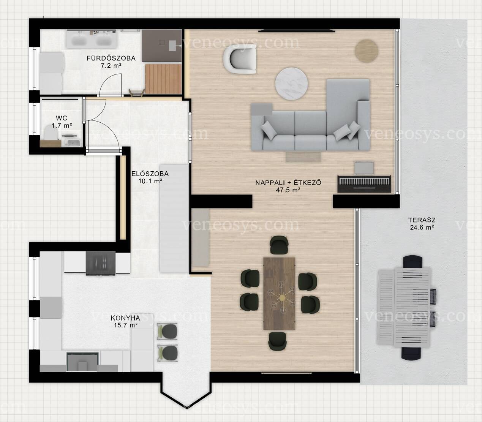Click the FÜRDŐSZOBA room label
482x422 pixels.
click(111, 58)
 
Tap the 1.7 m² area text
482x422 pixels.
click(62, 125)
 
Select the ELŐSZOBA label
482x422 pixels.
click(150, 174)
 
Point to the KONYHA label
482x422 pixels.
click(125, 318)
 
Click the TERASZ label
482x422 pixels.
click(422, 220)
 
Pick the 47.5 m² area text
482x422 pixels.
click(288, 190)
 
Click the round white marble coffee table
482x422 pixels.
click(291, 84)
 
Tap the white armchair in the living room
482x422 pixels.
click(240, 59)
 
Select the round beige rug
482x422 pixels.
click(367, 51)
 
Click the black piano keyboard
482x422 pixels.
click(364, 184)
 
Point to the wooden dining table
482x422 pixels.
click(279, 293)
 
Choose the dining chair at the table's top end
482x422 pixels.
click(279, 245)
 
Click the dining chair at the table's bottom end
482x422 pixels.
click(278, 341)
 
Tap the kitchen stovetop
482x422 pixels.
click(101, 263)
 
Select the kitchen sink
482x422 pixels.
click(82, 362)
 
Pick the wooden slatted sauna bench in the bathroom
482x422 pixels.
click(163, 79)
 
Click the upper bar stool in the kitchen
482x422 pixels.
click(168, 332)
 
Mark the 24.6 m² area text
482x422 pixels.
click(422, 228)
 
